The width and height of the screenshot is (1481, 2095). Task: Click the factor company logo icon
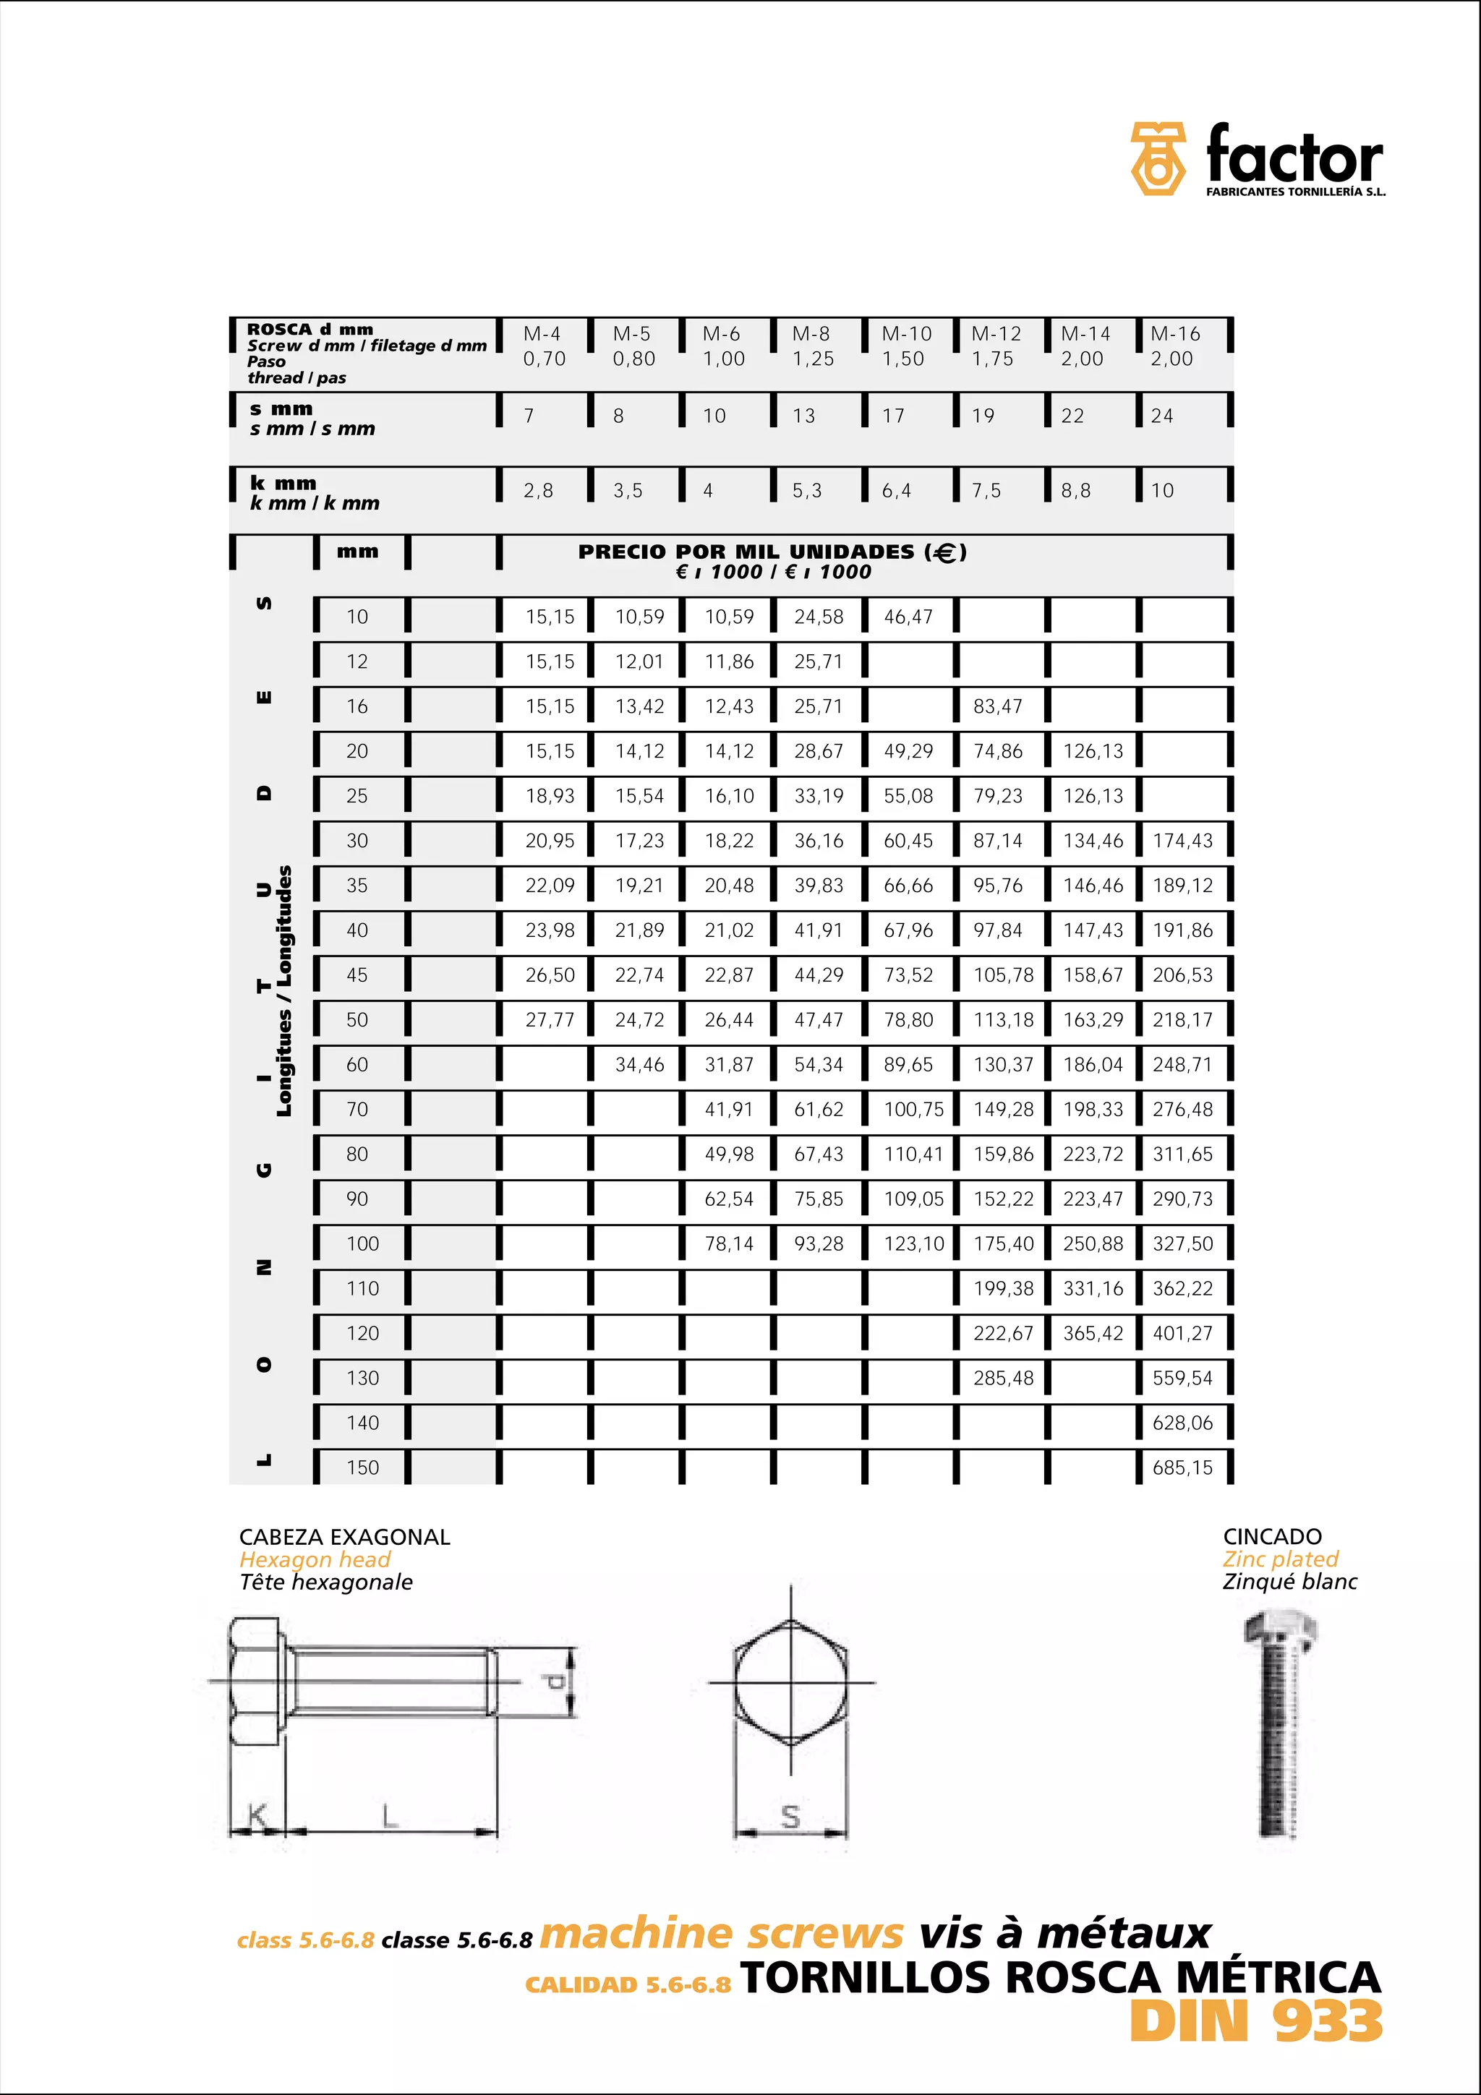point(1157,159)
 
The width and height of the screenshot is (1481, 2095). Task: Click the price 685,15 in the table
point(1182,1468)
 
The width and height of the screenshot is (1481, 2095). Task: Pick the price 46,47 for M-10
point(908,617)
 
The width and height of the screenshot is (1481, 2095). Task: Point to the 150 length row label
point(362,1468)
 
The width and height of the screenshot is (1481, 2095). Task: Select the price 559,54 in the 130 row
point(1182,1378)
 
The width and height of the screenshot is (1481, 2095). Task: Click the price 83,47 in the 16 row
point(997,706)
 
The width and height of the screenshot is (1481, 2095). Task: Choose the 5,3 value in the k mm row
point(806,491)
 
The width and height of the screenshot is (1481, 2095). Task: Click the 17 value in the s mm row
point(892,416)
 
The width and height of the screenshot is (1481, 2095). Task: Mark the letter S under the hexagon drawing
point(791,1817)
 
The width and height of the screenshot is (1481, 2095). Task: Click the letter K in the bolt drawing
point(257,1816)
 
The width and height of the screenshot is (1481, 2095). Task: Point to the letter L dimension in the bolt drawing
point(390,1816)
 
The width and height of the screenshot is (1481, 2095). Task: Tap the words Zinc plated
point(1280,1559)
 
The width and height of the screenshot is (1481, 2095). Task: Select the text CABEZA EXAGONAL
point(344,1537)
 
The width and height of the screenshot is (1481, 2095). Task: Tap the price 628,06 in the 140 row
point(1182,1423)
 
